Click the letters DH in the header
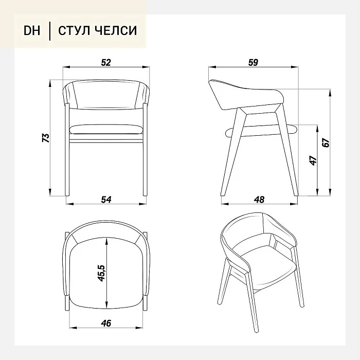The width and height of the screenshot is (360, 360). click(32, 30)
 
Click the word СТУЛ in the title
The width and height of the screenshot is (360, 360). click(74, 30)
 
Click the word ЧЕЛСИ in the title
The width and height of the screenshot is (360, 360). click(116, 30)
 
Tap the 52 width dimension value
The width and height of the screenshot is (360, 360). click(106, 62)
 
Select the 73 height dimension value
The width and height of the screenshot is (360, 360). click(46, 138)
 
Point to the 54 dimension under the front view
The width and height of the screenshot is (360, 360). click(106, 200)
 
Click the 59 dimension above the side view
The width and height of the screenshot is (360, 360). click(253, 62)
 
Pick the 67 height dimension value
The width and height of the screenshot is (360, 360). click(326, 142)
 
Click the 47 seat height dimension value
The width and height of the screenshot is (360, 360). click(313, 160)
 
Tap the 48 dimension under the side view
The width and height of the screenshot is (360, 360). click(259, 200)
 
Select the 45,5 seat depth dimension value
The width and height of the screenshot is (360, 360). click(101, 273)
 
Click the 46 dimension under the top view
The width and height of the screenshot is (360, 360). click(106, 323)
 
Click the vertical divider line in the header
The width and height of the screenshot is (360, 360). click(50, 31)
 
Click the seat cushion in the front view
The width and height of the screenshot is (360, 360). click(106, 130)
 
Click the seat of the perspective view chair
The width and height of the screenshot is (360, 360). click(269, 262)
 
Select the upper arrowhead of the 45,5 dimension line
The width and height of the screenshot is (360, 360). click(106, 241)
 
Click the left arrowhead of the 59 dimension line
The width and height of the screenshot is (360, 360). click(212, 67)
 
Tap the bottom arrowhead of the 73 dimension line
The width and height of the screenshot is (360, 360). click(50, 192)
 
